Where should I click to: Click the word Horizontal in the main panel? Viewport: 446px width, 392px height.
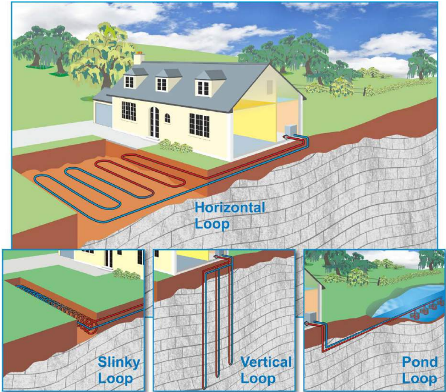point(230,207)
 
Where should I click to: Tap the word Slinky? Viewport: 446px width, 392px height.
point(119,363)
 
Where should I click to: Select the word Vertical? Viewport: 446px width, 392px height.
point(266,362)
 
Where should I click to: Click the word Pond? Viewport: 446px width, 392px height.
point(420,362)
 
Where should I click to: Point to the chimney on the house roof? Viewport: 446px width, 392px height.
point(139,58)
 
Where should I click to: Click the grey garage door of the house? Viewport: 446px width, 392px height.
point(104,115)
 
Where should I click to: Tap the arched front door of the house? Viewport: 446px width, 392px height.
point(155,122)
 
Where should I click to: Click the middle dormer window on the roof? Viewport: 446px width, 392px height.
point(161,84)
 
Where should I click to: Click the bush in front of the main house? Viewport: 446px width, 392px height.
point(176,146)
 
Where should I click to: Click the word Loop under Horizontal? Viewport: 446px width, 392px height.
point(212,224)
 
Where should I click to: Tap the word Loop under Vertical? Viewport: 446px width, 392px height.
point(258,379)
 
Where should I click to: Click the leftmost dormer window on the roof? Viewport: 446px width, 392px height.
point(129,82)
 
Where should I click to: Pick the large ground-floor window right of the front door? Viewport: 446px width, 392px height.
point(200,124)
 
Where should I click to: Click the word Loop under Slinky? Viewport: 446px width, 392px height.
point(115,379)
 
